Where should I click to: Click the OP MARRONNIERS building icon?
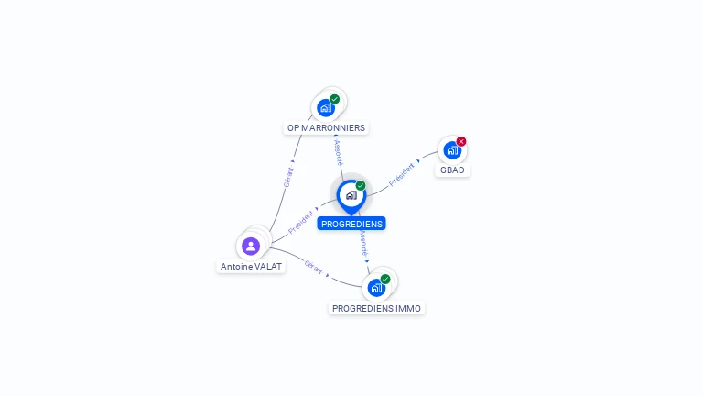pyautogui.click(x=325, y=108)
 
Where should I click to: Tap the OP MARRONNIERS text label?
pyautogui.click(x=326, y=128)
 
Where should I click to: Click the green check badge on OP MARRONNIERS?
pyautogui.click(x=335, y=99)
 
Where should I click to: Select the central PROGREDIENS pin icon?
pyautogui.click(x=351, y=195)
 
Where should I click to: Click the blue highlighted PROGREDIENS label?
pyautogui.click(x=351, y=224)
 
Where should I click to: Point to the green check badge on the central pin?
pyautogui.click(x=361, y=186)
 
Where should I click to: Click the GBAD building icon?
pyautogui.click(x=451, y=150)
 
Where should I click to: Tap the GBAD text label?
pyautogui.click(x=452, y=170)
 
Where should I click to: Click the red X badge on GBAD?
pyautogui.click(x=461, y=141)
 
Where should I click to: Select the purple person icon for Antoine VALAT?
pyautogui.click(x=251, y=246)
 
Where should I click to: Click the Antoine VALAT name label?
pyautogui.click(x=252, y=267)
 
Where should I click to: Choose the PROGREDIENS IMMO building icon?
pyautogui.click(x=375, y=288)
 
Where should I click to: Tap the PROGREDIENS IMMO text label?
pyautogui.click(x=377, y=309)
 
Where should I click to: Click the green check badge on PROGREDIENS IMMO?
pyautogui.click(x=385, y=279)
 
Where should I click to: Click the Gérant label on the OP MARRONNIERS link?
pyautogui.click(x=289, y=177)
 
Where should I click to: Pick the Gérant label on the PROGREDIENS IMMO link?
pyautogui.click(x=313, y=269)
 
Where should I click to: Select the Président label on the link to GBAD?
pyautogui.click(x=402, y=175)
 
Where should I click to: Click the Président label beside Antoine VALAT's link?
pyautogui.click(x=301, y=221)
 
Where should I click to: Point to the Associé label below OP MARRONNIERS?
pyautogui.click(x=339, y=151)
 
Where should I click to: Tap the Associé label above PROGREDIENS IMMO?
pyautogui.click(x=363, y=243)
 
